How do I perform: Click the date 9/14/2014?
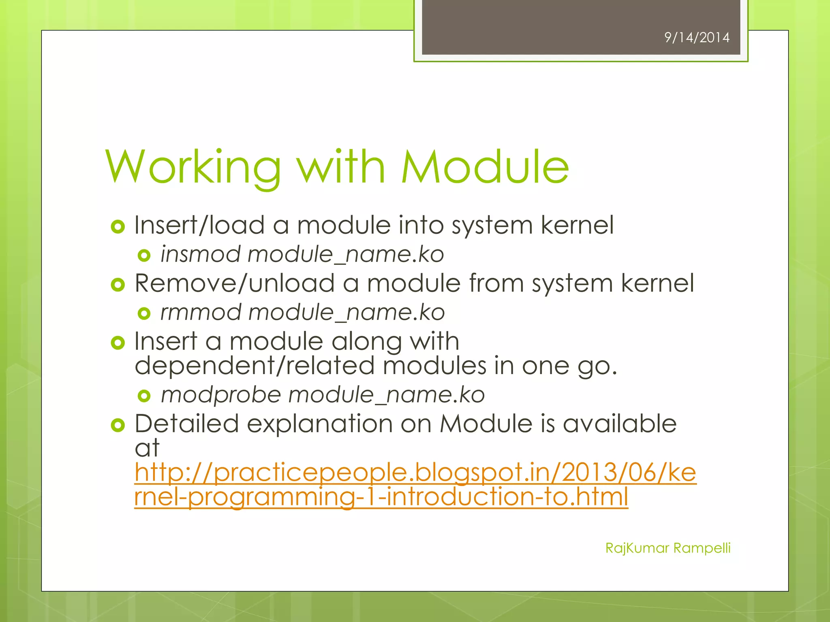[697, 38]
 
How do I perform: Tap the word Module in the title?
[485, 167]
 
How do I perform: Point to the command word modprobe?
[221, 395]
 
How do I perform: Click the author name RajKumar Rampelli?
[667, 548]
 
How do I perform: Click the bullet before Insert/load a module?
[118, 226]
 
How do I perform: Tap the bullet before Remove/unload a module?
[118, 285]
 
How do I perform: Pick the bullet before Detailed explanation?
[118, 425]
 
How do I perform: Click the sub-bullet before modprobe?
[144, 396]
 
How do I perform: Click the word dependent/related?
[254, 366]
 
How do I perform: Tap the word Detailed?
[186, 424]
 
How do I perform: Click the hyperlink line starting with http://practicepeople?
[415, 473]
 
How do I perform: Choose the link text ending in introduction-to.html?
[381, 497]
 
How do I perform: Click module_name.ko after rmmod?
[347, 313]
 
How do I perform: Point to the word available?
[620, 424]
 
